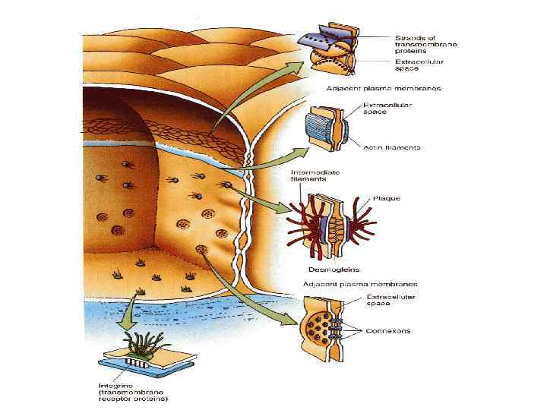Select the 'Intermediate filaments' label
(x=311, y=177)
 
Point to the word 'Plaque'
(x=386, y=198)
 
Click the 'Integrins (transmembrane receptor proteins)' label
(x=133, y=392)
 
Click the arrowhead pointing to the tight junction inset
(x=294, y=65)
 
